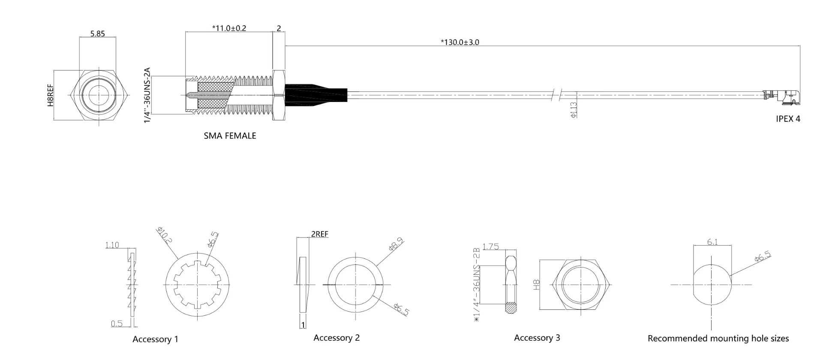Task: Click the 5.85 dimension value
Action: [97, 33]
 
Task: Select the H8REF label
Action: [51, 95]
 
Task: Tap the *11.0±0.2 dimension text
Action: [229, 28]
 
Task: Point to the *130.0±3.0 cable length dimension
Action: [460, 42]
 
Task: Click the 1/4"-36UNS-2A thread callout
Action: [147, 95]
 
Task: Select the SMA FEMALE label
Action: [230, 136]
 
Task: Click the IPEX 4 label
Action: [788, 119]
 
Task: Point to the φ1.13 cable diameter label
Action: [574, 110]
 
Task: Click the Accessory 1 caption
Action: [155, 339]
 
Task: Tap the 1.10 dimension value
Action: [112, 245]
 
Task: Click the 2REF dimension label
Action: [320, 234]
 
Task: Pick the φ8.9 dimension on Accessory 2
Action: [396, 244]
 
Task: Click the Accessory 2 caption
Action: [336, 338]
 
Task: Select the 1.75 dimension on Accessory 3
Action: [490, 246]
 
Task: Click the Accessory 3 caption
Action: [537, 338]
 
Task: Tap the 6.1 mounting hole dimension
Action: [712, 242]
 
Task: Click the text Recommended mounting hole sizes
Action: [718, 339]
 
